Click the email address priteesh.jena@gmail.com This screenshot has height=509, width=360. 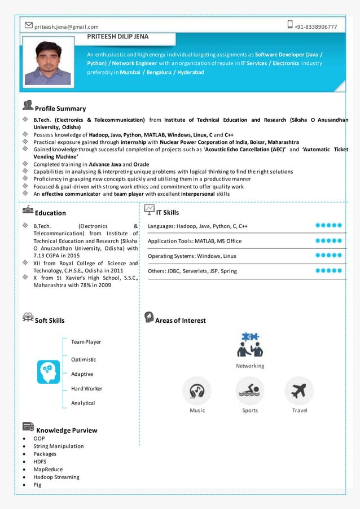(66, 27)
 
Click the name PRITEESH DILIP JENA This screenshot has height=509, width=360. (118, 36)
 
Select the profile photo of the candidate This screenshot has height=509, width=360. (48, 63)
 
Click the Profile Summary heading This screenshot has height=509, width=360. (60, 108)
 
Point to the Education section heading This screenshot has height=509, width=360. (50, 213)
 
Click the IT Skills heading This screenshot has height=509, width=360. (167, 213)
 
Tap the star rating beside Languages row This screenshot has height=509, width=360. (328, 226)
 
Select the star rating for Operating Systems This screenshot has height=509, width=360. (328, 256)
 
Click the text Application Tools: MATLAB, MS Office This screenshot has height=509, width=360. (195, 241)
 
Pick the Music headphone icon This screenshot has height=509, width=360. (197, 390)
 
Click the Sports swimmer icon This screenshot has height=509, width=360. (250, 390)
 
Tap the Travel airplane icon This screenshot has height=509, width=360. (299, 390)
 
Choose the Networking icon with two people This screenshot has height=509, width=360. (249, 345)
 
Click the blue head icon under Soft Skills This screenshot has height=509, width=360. (48, 372)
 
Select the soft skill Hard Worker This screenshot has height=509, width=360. (87, 388)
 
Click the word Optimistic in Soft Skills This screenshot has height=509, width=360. (84, 359)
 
